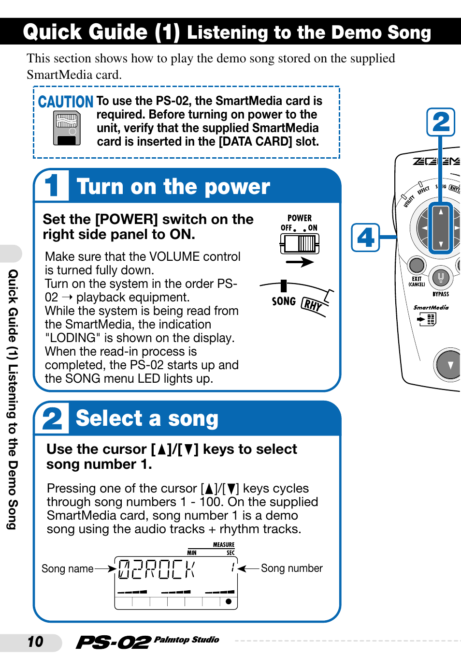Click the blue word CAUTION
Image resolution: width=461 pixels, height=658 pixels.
point(66,102)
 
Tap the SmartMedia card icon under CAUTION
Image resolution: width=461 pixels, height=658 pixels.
point(67,128)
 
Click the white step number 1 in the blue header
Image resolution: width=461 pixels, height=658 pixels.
point(52,185)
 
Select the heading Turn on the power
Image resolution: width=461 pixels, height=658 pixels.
point(173,187)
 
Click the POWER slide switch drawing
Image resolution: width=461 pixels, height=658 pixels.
point(300,243)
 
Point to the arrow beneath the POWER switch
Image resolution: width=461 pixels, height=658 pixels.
point(300,262)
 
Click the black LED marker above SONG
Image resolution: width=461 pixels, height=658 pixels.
point(284,286)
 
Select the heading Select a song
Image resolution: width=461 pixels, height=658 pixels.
point(147,419)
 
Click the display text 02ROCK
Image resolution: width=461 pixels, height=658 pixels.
point(157,569)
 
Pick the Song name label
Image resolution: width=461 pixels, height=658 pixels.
point(67,568)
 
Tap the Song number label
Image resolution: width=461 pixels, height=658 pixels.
point(292,568)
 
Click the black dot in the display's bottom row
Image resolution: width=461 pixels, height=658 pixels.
point(228,601)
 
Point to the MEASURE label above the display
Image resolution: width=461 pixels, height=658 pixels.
point(224,545)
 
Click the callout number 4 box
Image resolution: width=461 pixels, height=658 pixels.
point(365,238)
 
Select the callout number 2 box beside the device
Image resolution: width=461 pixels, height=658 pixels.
point(441,122)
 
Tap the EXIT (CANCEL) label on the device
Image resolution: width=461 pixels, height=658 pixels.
point(417,281)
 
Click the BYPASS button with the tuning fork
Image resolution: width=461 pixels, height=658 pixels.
point(440,277)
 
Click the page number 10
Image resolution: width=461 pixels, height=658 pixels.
point(35,642)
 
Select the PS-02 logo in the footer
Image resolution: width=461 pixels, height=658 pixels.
point(113,642)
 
